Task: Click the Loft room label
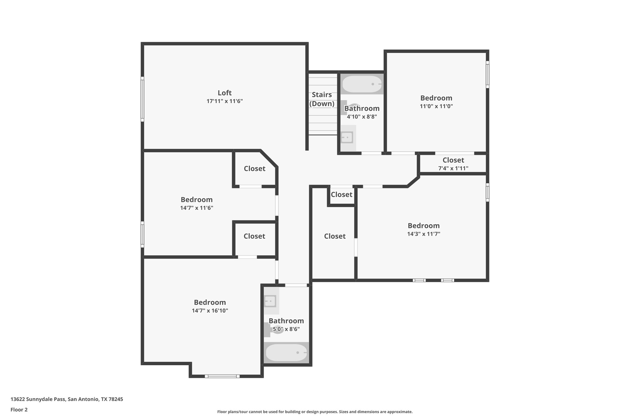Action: pos(225,93)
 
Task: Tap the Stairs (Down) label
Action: pos(322,99)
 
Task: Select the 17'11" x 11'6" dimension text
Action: pos(225,101)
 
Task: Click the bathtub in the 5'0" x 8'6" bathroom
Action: pos(286,353)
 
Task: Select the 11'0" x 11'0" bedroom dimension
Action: pos(436,106)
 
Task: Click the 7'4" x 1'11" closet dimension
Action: pos(453,168)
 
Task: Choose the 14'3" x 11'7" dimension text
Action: pos(424,234)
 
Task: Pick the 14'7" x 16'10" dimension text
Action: pos(210,311)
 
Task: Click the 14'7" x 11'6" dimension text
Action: pos(197,208)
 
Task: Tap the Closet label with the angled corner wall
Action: pos(254,169)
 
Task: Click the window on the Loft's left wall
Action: pos(142,99)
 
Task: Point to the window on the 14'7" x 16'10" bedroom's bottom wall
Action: pos(222,376)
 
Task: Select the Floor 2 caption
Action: pos(19,410)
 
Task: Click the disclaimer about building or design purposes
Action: pos(315,412)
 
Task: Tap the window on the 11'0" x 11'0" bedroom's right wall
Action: pos(487,74)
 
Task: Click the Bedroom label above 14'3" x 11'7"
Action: pos(424,226)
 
